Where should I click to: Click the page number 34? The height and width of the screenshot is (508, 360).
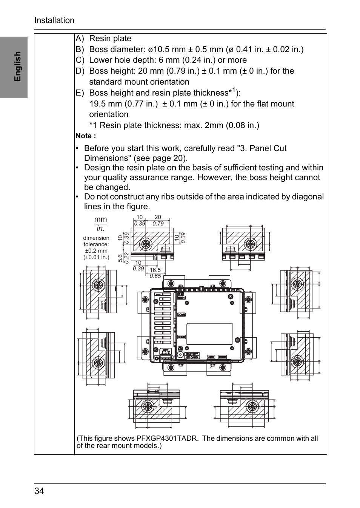click(39, 491)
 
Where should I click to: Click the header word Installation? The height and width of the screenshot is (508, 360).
click(54, 20)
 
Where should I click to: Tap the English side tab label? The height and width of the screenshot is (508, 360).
click(17, 66)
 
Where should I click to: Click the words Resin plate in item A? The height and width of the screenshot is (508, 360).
click(110, 39)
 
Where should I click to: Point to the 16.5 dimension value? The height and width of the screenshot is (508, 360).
click(155, 270)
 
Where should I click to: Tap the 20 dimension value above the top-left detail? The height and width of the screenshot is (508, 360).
click(158, 217)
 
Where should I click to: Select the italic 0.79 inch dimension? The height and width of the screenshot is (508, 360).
click(158, 224)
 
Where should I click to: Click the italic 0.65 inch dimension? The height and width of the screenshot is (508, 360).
click(155, 276)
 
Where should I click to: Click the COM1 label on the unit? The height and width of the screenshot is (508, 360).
click(182, 315)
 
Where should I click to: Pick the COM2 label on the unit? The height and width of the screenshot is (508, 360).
click(182, 337)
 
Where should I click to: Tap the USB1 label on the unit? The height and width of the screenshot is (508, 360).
click(182, 298)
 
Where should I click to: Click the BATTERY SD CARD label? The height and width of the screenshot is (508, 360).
click(192, 355)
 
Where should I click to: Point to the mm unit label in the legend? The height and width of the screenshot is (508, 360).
click(100, 219)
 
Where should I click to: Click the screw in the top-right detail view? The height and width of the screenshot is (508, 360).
click(249, 244)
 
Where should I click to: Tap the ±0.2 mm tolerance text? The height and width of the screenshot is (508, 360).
click(96, 251)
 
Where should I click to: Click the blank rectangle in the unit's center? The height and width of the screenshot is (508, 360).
click(209, 334)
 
